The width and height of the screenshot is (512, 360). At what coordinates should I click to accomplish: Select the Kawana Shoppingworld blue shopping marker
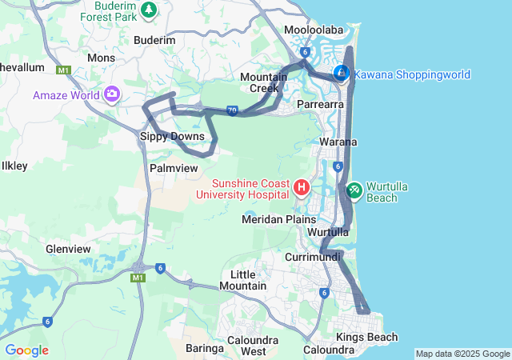[x=342, y=74]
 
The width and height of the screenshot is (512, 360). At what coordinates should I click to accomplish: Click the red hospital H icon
[x=302, y=188]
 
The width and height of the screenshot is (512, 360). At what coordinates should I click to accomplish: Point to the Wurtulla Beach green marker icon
[x=353, y=191]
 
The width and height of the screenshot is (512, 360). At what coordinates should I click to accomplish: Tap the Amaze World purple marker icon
[x=111, y=95]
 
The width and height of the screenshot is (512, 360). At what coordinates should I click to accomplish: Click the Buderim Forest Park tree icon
[x=149, y=10]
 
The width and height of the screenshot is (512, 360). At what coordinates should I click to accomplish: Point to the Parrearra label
[x=320, y=104]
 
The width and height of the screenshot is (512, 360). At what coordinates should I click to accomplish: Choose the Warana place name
[x=338, y=142]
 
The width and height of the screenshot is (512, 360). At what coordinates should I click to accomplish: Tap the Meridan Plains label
[x=278, y=218]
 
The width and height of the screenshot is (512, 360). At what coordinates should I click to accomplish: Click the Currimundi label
[x=313, y=257]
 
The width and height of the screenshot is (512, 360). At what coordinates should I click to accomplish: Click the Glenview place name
[x=68, y=249]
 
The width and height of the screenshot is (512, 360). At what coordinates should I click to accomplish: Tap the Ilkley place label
[x=15, y=166]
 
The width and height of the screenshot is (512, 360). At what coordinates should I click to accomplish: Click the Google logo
[x=26, y=350]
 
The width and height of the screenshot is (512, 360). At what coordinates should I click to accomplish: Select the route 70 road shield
[x=232, y=111]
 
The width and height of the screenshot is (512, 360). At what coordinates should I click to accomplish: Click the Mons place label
[x=101, y=58]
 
